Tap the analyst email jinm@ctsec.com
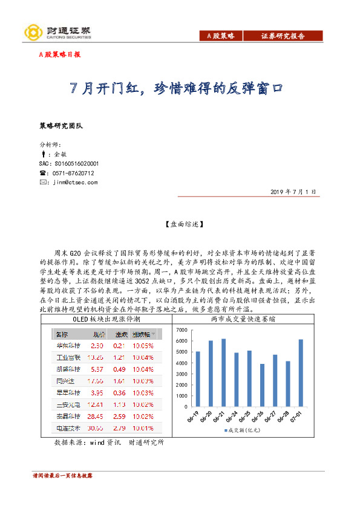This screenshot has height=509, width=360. click(x=74, y=181)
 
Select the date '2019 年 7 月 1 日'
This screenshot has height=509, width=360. click(x=293, y=192)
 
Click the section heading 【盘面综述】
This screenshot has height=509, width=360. click(x=180, y=224)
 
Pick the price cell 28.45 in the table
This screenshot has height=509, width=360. click(x=96, y=417)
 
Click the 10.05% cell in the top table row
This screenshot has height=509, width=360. click(x=143, y=346)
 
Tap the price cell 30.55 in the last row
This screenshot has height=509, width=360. click(x=96, y=429)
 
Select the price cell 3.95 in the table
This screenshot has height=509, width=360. click(x=96, y=393)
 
